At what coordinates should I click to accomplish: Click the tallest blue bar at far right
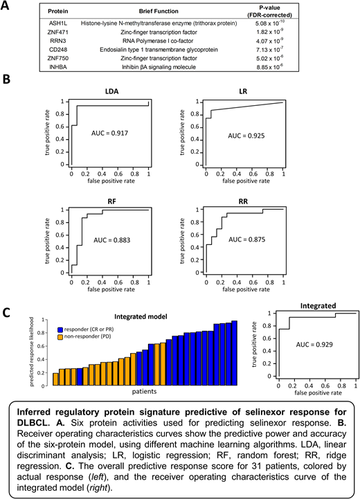click(233, 353)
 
